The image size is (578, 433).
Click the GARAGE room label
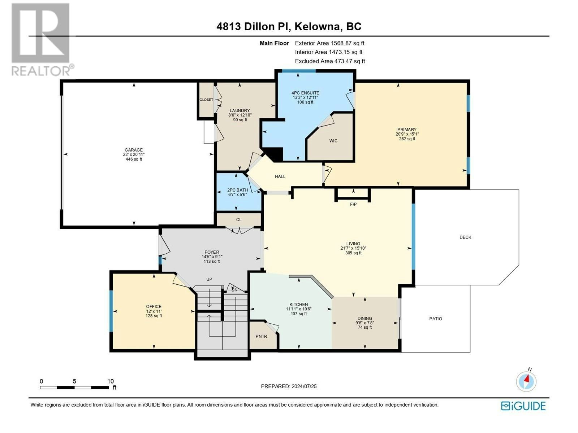pyautogui.click(x=134, y=150)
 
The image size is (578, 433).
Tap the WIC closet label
pyautogui.click(x=333, y=141)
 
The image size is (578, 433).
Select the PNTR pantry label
pyautogui.click(x=261, y=336)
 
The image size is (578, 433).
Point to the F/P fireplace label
pyautogui.click(x=353, y=204)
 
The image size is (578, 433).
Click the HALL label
pyautogui.click(x=280, y=176)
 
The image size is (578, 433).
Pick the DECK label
pyautogui.click(x=465, y=237)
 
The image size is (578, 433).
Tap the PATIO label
pyautogui.click(x=436, y=319)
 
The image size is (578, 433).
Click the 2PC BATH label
pyautogui.click(x=237, y=190)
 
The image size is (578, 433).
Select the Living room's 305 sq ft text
pyautogui.click(x=353, y=253)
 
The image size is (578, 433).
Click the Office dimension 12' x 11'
pyautogui.click(x=154, y=311)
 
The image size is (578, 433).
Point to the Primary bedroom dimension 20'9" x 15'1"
pyautogui.click(x=407, y=134)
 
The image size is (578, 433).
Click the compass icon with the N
pyautogui.click(x=526, y=381)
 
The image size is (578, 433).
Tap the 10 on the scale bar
pyautogui.click(x=111, y=381)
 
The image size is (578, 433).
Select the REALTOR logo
pyautogui.click(x=42, y=39)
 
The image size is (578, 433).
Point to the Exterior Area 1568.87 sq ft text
pyautogui.click(x=330, y=43)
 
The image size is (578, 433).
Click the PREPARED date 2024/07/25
pyautogui.click(x=304, y=386)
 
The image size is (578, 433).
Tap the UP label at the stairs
pyautogui.click(x=209, y=279)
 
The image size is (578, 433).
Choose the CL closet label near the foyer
pyautogui.click(x=239, y=219)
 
